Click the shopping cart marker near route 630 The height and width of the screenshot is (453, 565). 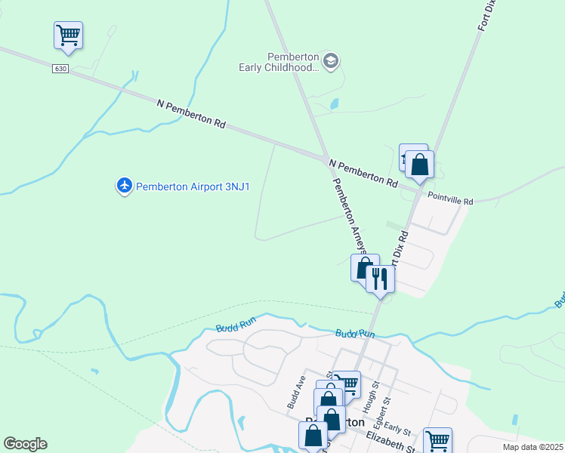click(x=68, y=35)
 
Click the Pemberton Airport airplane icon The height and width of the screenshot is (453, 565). click(x=124, y=185)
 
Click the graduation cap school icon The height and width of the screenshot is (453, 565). click(x=330, y=61)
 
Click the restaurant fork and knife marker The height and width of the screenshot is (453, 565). click(x=380, y=279)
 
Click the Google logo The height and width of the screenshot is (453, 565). click(x=25, y=444)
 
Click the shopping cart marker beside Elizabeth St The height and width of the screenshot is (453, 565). click(x=437, y=439)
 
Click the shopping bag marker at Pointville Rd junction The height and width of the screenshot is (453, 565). click(x=420, y=164)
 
